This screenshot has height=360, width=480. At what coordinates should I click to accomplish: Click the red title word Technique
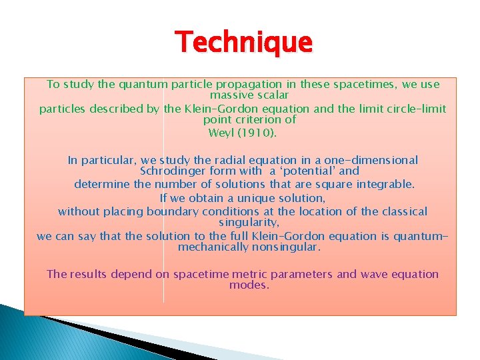point(243,43)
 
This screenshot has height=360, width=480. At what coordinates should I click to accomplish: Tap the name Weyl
point(221,132)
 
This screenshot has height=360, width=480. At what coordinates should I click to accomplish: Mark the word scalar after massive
point(270,96)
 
